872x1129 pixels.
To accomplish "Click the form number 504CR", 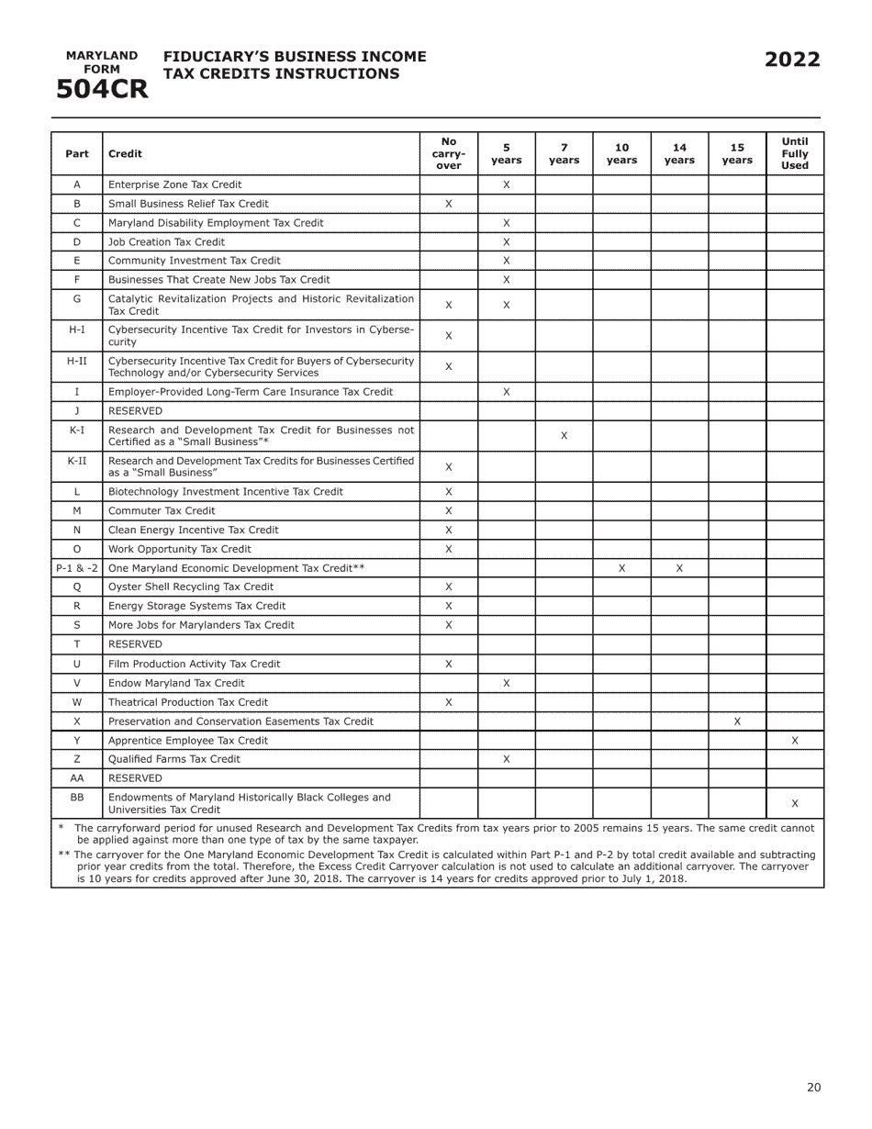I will [x=102, y=89].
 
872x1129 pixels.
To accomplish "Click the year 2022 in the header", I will [x=792, y=61].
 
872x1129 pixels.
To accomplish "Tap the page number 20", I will [x=813, y=1088].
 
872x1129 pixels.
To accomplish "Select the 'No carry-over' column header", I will [x=448, y=153].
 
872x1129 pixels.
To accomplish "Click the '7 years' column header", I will [x=564, y=153].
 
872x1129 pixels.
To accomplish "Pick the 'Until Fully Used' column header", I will [x=794, y=153].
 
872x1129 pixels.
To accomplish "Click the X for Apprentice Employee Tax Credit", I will [x=794, y=740].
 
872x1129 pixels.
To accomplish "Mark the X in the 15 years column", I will [x=737, y=721].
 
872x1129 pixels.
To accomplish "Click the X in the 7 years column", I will [x=564, y=436].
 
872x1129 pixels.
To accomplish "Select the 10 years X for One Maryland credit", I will [x=621, y=568].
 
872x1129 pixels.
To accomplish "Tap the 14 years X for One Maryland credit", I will [x=679, y=568].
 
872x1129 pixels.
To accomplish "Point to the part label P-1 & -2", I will [x=77, y=568].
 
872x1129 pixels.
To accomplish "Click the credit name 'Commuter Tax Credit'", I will [x=162, y=511].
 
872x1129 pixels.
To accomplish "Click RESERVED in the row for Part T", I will [x=135, y=644].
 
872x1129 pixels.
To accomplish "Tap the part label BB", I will [x=77, y=798].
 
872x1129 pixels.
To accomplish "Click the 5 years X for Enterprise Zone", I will [x=506, y=184].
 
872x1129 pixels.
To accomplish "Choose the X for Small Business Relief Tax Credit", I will [x=448, y=204].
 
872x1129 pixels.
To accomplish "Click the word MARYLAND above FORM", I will [x=102, y=56].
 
